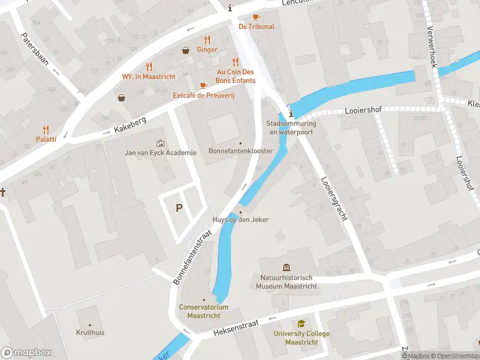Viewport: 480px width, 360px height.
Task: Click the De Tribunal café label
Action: pos(256,26)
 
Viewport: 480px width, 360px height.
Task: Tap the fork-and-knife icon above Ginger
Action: pos(207,40)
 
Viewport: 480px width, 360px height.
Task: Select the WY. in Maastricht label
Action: pos(149,77)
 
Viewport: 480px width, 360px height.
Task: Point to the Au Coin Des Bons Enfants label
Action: pos(235,76)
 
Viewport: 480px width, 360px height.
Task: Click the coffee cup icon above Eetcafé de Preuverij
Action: pos(203,85)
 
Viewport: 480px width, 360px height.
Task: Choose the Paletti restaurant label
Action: pos(46,139)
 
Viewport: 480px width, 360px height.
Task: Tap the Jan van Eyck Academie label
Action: pos(160,152)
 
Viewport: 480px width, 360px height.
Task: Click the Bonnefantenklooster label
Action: pos(241,151)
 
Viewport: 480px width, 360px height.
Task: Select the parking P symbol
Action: pos(178,208)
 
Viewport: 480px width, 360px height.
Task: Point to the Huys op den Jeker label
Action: pos(241,220)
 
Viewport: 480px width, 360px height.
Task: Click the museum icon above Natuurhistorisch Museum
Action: pos(286,267)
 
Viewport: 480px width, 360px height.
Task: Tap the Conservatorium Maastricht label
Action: pos(203,311)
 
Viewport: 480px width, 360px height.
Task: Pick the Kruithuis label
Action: pos(90,332)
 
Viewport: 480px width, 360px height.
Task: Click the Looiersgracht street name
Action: pos(334,198)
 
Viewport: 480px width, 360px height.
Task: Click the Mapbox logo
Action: pos(26,353)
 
